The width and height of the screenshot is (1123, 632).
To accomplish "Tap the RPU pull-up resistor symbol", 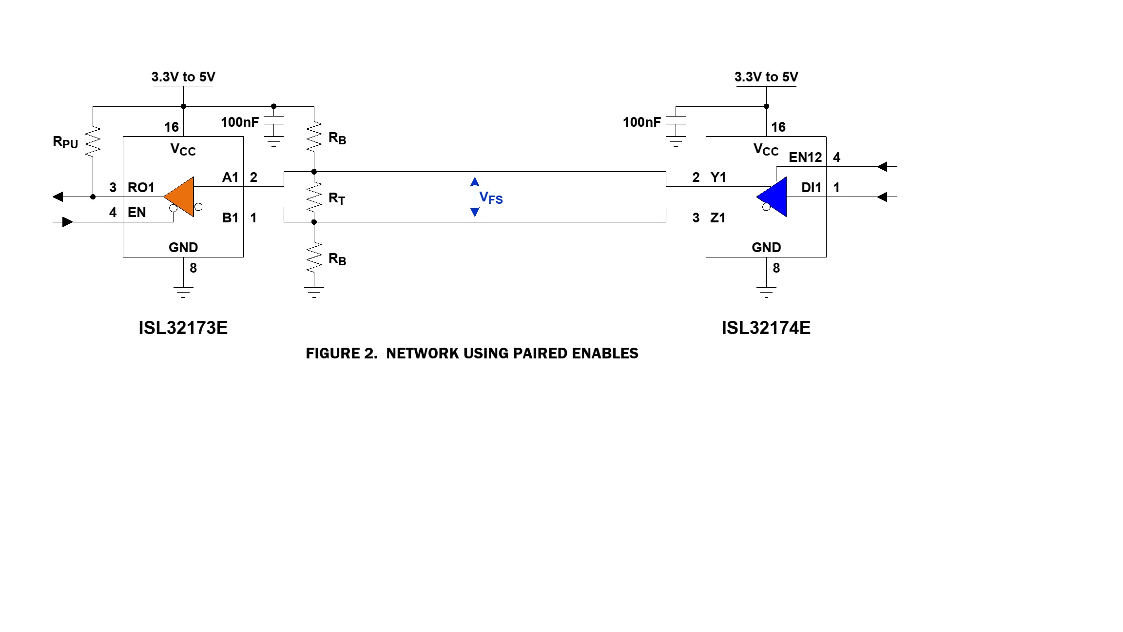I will pos(93,141).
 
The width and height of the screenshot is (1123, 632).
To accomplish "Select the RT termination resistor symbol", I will pos(314,197).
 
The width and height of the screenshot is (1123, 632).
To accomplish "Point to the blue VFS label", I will pos(491,197).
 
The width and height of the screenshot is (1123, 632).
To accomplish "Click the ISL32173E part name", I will pos(183,328).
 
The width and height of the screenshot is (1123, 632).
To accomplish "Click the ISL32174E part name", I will pos(766,328).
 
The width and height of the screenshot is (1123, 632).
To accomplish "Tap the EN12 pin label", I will pos(805,157).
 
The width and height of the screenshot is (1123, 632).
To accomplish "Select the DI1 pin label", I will pos(811,187).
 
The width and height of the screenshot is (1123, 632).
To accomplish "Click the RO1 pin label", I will pos(141,187).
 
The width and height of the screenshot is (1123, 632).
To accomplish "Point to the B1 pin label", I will pos(230,217).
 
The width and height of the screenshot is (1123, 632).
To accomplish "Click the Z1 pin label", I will pos(718,217).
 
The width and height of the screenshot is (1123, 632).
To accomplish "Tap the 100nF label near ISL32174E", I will pos(641,122).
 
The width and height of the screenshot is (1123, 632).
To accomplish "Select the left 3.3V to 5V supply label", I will pos(183,77).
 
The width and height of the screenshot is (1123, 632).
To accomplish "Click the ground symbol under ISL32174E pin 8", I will pos(766,292).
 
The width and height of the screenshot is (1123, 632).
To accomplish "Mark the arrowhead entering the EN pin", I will pos(68,222).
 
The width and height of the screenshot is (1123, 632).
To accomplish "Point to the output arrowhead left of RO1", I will pos(58,197).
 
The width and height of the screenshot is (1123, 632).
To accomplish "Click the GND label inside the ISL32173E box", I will pos(183,247).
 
